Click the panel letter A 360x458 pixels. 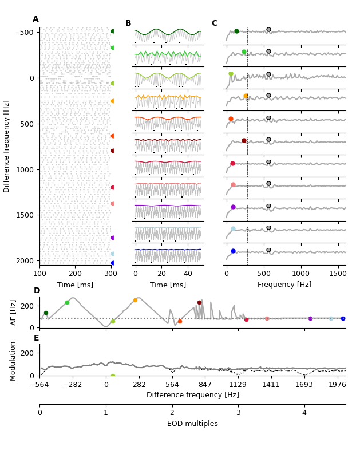35,19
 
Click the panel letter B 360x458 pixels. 128,23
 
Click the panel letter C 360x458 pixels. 215,23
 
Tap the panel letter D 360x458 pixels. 37,291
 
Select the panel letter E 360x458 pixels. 37,338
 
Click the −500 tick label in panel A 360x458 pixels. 23,33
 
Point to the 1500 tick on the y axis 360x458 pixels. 25,215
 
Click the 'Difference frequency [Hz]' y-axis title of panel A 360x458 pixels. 7,146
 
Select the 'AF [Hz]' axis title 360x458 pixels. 14,313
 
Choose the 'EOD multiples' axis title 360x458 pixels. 192,424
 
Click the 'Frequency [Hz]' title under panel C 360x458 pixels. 284,285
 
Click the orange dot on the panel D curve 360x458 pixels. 135,300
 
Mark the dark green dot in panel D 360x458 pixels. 46,313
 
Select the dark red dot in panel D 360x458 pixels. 199,303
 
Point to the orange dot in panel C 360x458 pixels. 246,96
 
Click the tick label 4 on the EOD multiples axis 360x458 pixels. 304,413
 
